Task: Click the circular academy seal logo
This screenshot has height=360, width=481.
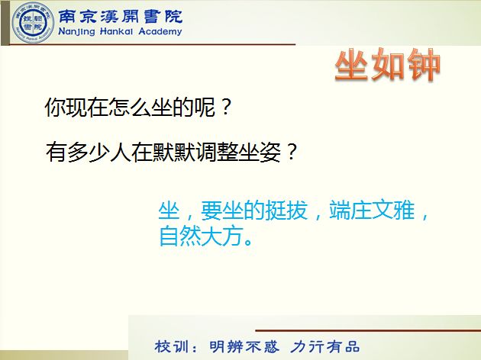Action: pos(33,23)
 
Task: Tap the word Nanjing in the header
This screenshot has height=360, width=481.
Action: pos(76,31)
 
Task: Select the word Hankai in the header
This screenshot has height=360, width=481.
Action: pos(117,31)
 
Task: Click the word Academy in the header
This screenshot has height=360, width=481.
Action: pos(160,31)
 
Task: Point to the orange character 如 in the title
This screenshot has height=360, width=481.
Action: pos(388,66)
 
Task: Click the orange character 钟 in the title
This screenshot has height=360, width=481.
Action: pos(424,66)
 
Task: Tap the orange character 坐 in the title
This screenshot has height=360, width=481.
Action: pos(351,66)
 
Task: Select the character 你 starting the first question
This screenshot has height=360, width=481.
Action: pos(55,108)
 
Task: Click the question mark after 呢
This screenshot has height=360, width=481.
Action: pos(225,107)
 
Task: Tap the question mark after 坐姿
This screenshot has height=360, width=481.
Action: pos(290,152)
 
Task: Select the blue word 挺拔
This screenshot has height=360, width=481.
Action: pos(286,211)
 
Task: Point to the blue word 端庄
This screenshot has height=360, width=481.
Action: pos(350,211)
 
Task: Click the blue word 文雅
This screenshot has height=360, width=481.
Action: pos(393,211)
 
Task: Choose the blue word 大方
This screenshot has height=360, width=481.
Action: pos(222,236)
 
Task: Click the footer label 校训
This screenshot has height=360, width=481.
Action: pos(172,346)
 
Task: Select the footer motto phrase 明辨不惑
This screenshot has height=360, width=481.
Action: pos(244,346)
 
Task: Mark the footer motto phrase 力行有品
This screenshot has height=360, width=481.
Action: pos(324,346)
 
